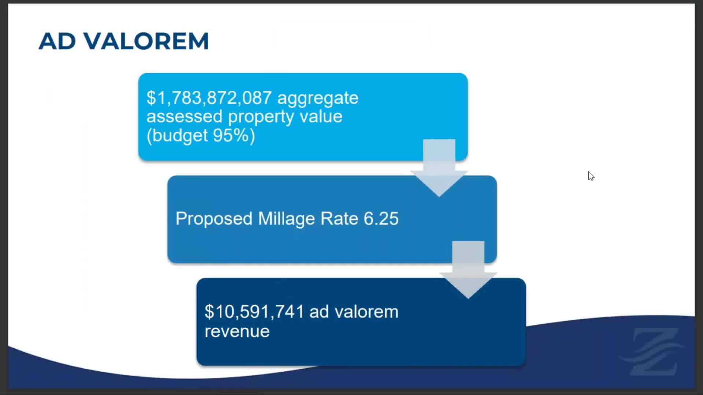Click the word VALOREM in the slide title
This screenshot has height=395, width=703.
(x=146, y=41)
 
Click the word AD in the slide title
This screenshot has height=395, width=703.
(x=57, y=41)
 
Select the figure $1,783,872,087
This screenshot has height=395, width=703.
(x=209, y=98)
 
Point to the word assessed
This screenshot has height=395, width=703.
(x=185, y=116)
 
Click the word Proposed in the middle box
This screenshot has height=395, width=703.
(x=214, y=219)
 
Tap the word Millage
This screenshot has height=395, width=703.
(x=286, y=219)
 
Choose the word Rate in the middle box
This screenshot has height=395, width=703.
(x=339, y=218)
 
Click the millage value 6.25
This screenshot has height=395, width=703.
(x=381, y=218)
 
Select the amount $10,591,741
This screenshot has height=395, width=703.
(x=254, y=312)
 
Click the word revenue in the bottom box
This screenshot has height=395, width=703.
(x=237, y=331)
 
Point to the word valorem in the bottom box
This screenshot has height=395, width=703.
(x=367, y=312)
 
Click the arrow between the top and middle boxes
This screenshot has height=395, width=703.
(x=439, y=168)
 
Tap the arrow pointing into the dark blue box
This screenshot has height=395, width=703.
(x=468, y=270)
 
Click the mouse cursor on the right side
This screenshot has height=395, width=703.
(x=591, y=176)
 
